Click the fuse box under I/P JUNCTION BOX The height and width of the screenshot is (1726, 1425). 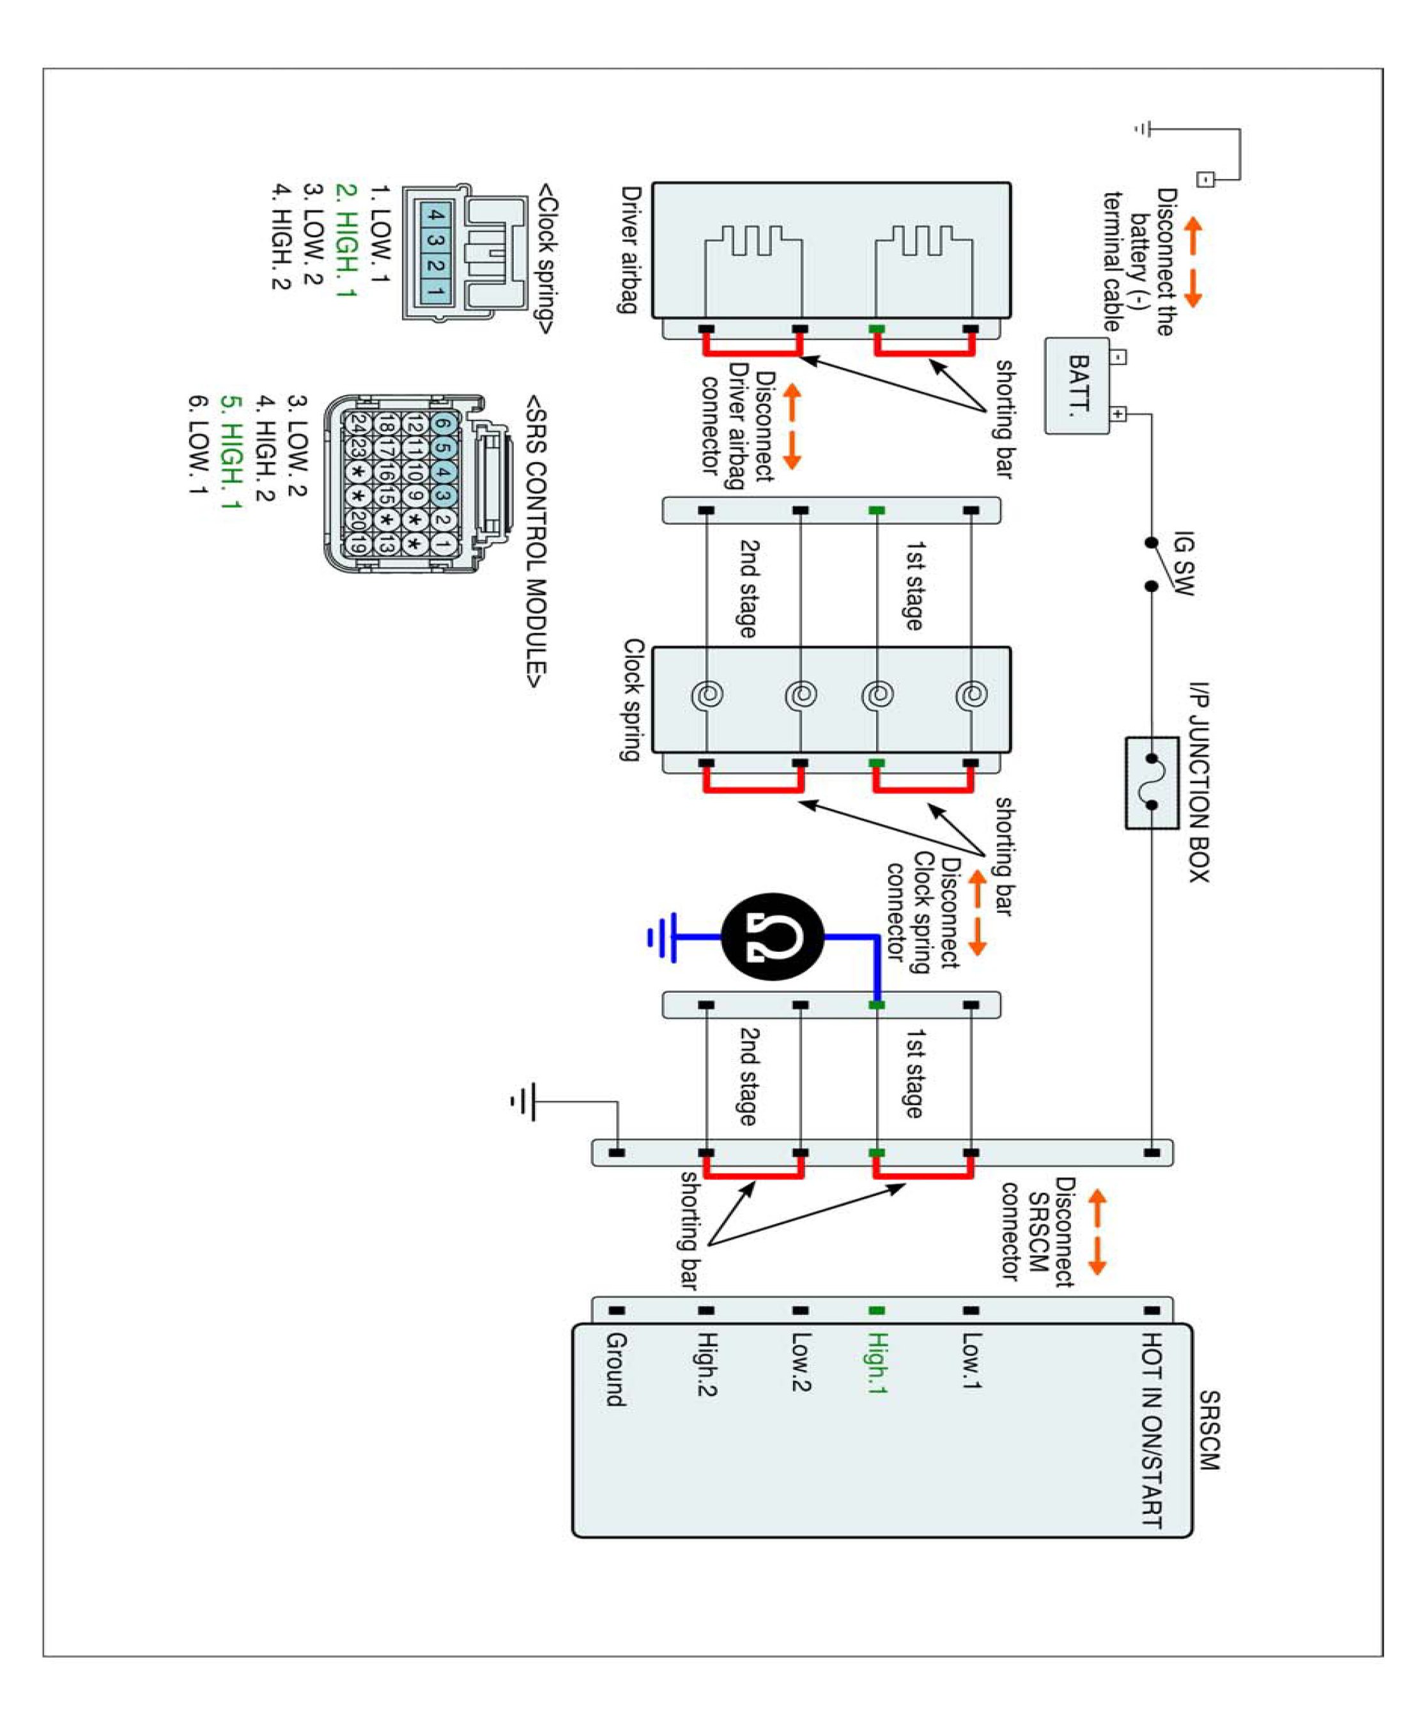1151,782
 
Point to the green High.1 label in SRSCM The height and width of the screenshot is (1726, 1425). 877,1363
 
